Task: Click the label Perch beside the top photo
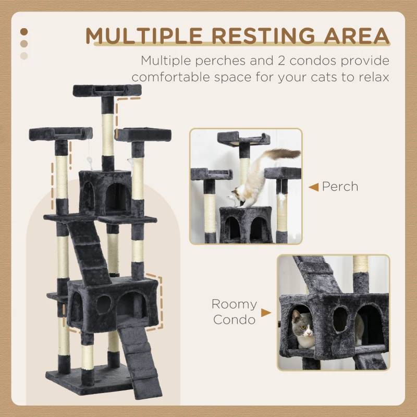(x=340, y=186)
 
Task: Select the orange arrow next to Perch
(x=313, y=187)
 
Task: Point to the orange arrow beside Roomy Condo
(x=266, y=313)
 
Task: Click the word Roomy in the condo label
(x=234, y=304)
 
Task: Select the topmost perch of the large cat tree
(x=107, y=90)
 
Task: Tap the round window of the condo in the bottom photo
(x=340, y=318)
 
